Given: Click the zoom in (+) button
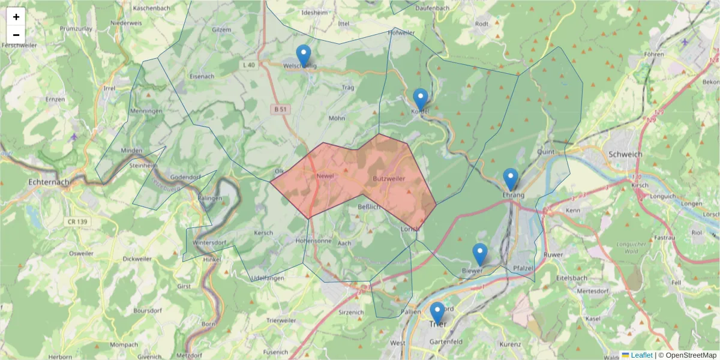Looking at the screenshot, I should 16,17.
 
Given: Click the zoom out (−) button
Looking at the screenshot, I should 16,35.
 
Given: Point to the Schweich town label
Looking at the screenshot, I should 625,154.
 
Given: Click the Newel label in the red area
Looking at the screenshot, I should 325,176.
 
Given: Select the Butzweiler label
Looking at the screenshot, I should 389,179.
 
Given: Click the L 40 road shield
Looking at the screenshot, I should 250,65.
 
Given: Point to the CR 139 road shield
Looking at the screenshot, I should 78,222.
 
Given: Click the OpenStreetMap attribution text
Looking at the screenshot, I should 688,355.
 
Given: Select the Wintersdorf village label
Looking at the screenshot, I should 209,243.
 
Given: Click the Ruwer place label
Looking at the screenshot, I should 553,254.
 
